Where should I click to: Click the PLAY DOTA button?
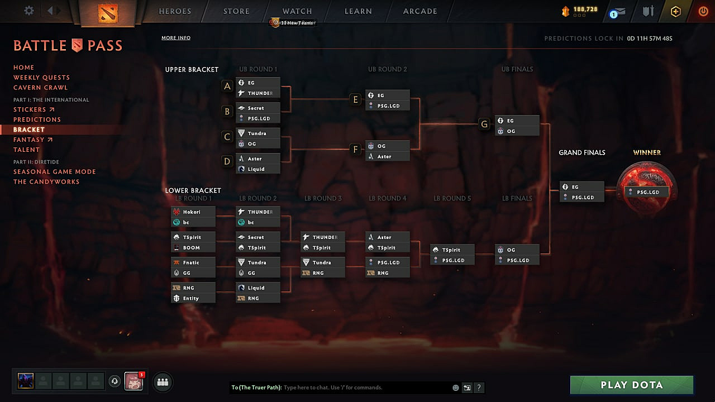point(631,385)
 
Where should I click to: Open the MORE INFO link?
point(176,38)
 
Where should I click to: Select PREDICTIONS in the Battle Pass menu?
point(37,119)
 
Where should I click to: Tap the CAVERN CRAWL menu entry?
point(40,88)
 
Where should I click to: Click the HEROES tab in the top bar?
point(175,11)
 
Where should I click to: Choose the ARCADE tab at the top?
point(420,11)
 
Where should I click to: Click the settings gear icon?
point(29,11)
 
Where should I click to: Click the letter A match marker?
point(227,86)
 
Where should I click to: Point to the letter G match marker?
point(484,124)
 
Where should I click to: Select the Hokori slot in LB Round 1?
point(193,212)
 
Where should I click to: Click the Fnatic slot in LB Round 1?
point(193,262)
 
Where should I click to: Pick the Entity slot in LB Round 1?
point(193,298)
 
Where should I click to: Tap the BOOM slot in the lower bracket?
point(193,248)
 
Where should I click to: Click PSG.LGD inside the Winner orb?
point(647,192)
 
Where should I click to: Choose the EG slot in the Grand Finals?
point(582,187)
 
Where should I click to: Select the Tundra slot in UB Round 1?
point(258,133)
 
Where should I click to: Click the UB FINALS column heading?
point(517,69)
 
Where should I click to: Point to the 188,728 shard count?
point(585,9)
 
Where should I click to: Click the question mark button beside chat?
point(479,387)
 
